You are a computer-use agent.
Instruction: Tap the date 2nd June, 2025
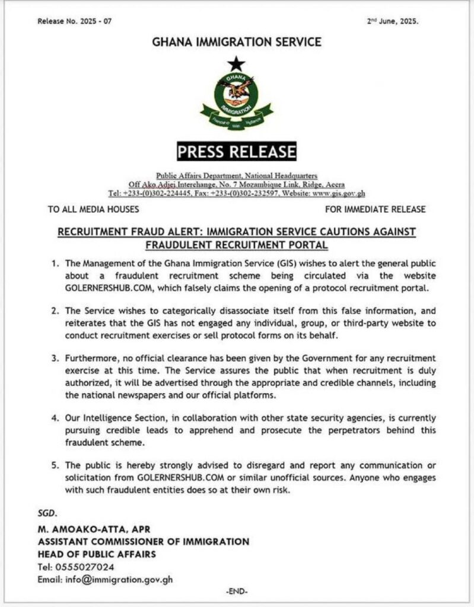pyautogui.click(x=393, y=21)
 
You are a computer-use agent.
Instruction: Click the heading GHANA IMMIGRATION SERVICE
pyautogui.click(x=237, y=42)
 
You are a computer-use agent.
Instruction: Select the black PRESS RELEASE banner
pyautogui.click(x=237, y=152)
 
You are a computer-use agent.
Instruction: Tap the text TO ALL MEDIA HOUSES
pyautogui.click(x=93, y=209)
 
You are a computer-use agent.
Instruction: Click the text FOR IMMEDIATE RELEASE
pyautogui.click(x=376, y=209)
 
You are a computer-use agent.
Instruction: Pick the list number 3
pyautogui.click(x=55, y=358)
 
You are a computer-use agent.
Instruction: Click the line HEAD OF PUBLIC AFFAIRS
pyautogui.click(x=97, y=554)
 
